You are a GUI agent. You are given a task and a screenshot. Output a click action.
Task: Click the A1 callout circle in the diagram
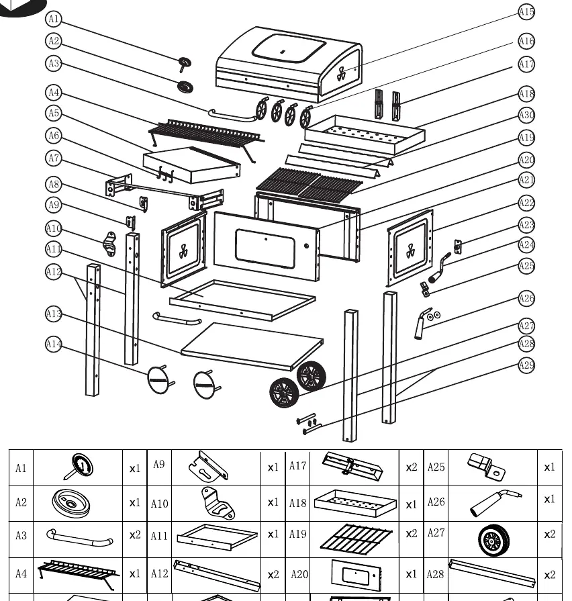[54, 19]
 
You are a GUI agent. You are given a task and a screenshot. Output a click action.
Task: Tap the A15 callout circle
[526, 12]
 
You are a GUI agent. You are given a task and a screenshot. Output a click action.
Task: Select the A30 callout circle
[526, 115]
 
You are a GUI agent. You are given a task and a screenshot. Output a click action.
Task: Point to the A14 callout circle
[54, 344]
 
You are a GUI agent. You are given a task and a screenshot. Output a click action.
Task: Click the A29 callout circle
[526, 365]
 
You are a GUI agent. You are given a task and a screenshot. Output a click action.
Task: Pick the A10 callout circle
[54, 229]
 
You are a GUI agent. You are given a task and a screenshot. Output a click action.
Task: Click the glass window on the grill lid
[289, 48]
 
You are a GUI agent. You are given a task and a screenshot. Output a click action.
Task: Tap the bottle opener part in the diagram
[109, 244]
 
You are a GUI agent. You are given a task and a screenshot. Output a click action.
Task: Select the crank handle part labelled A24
[438, 268]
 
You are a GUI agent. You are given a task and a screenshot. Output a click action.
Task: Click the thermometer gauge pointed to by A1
[184, 64]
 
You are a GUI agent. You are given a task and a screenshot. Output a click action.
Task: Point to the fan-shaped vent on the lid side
[341, 74]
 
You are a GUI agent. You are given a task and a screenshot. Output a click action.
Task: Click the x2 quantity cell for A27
[550, 534]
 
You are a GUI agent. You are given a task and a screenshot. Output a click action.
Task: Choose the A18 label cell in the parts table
[297, 503]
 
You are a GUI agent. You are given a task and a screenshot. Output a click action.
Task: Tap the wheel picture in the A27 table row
[494, 541]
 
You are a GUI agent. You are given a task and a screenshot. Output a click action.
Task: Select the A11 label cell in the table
[159, 535]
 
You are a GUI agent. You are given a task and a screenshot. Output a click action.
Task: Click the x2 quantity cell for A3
[135, 535]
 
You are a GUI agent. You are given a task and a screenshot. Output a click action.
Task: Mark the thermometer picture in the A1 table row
[79, 467]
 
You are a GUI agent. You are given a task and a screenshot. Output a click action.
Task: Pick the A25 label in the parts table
[436, 467]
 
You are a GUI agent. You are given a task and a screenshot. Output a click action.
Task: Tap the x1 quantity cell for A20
[412, 574]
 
